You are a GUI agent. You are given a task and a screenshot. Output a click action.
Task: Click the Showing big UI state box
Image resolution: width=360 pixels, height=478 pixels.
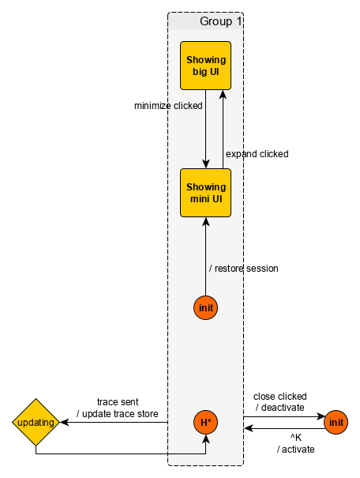(205, 66)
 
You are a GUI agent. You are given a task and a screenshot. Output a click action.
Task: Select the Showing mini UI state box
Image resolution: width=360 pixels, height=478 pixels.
(205, 193)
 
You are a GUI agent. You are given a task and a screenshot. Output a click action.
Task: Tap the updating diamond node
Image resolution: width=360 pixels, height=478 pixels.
(36, 422)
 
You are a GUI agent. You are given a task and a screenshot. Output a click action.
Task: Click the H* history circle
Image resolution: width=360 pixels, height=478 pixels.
(205, 422)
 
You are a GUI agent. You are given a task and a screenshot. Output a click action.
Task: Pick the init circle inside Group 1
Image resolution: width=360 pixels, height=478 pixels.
(205, 307)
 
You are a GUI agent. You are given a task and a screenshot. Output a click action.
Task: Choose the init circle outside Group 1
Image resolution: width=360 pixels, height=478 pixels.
(336, 422)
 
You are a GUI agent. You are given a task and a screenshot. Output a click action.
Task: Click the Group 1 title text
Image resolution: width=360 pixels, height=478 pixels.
(221, 21)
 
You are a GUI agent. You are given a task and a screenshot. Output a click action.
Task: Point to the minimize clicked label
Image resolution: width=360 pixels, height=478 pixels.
(168, 106)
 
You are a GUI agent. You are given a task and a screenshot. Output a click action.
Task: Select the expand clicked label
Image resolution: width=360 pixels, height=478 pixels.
(257, 154)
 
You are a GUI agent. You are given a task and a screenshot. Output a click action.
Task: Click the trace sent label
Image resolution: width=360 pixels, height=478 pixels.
(118, 402)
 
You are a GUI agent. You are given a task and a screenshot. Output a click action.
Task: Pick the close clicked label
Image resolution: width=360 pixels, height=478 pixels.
(280, 397)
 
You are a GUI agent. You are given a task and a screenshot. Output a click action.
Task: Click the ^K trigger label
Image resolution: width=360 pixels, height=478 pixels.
(296, 438)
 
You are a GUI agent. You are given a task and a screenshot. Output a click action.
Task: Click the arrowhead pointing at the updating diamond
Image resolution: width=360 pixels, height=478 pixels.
(64, 422)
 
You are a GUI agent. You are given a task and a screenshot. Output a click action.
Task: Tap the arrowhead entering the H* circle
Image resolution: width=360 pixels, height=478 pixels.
(205, 438)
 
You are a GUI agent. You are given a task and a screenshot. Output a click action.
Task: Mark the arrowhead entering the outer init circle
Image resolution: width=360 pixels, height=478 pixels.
(320, 416)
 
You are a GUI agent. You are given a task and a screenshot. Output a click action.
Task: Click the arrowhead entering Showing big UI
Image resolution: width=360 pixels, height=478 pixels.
(223, 94)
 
